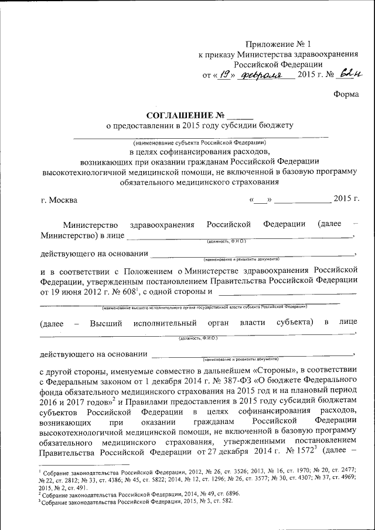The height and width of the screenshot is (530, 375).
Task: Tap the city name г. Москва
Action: point(59,200)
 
